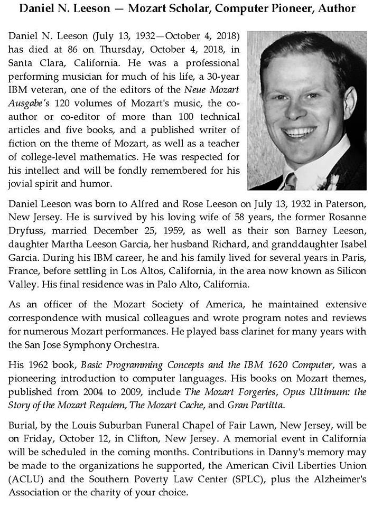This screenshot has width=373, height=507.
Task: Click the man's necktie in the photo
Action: click(290, 181)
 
